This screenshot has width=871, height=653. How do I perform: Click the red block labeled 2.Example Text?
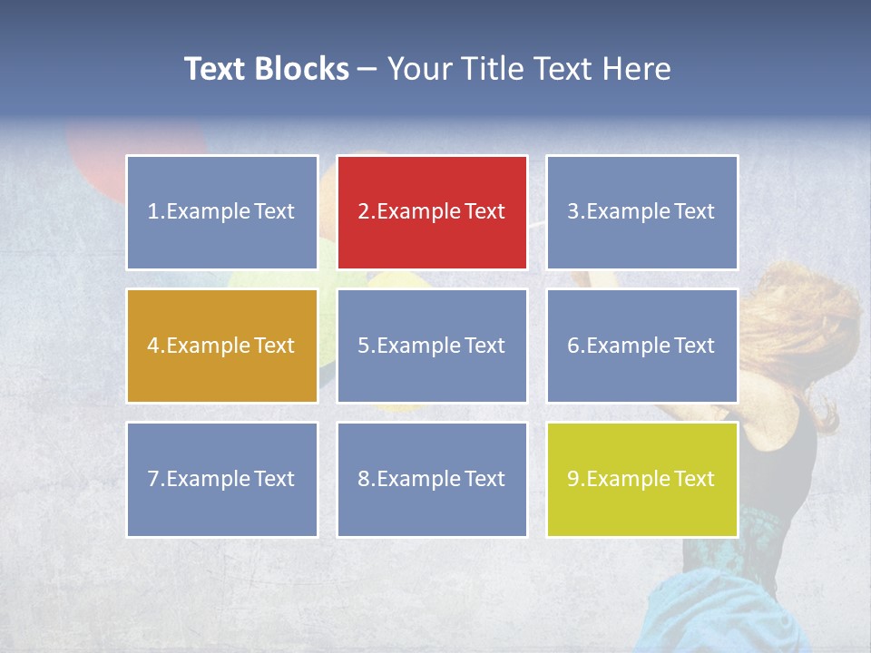[432, 212]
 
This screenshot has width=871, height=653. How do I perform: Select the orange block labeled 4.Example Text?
[221, 346]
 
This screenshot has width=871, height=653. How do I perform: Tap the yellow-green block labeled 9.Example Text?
[641, 479]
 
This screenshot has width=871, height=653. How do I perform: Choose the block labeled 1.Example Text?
[221, 212]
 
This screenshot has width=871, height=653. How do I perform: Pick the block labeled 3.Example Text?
[641, 212]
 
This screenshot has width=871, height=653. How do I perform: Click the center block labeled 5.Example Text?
[432, 346]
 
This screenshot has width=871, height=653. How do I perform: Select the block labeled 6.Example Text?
[641, 346]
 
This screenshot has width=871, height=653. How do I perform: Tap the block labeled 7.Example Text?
[221, 479]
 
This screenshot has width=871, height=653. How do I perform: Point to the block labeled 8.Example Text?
[432, 479]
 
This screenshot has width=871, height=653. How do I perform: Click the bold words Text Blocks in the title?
[267, 69]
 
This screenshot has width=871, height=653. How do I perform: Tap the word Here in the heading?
[637, 69]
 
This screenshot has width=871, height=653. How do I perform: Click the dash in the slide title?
[367, 70]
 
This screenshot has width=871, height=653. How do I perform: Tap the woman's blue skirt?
[717, 608]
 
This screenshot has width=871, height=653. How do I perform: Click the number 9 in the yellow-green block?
[573, 479]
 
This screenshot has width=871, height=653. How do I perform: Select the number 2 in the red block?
[364, 212]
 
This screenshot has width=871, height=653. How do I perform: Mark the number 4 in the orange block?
[153, 346]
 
